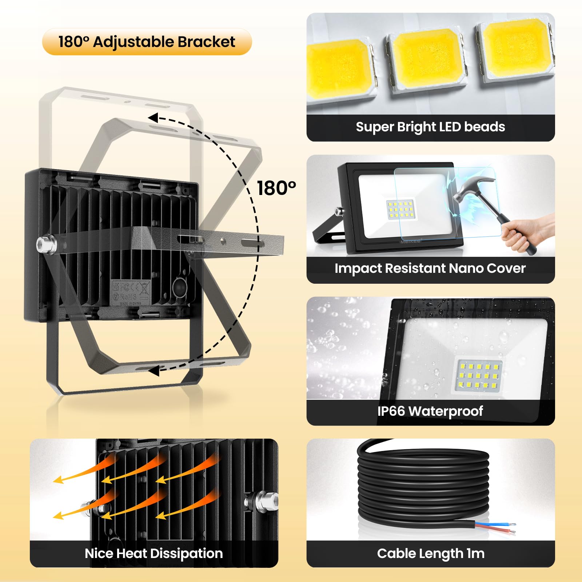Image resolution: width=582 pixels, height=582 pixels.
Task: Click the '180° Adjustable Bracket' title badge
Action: (x=147, y=42)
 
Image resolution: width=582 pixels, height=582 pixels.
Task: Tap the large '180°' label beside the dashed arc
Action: (x=276, y=188)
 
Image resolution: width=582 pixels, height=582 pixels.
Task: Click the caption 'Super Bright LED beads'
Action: (x=430, y=127)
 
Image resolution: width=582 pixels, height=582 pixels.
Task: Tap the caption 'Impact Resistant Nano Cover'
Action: (x=430, y=268)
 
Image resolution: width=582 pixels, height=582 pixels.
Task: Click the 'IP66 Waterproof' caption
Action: (x=430, y=411)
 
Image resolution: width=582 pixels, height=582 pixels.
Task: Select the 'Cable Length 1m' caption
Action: (x=431, y=554)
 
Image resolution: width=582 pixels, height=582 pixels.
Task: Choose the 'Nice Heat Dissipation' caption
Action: (x=154, y=554)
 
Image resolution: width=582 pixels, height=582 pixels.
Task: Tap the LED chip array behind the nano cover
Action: (x=400, y=210)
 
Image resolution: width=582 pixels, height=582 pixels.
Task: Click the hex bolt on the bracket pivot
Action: (x=46, y=244)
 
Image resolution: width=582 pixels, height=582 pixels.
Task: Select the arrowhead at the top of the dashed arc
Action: (x=153, y=118)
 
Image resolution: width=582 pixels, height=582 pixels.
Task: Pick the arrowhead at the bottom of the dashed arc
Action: (x=154, y=371)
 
